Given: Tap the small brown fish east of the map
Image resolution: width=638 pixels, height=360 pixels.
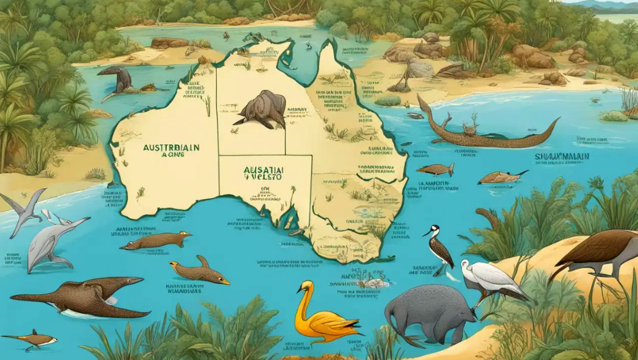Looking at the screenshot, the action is coord(436,169).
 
